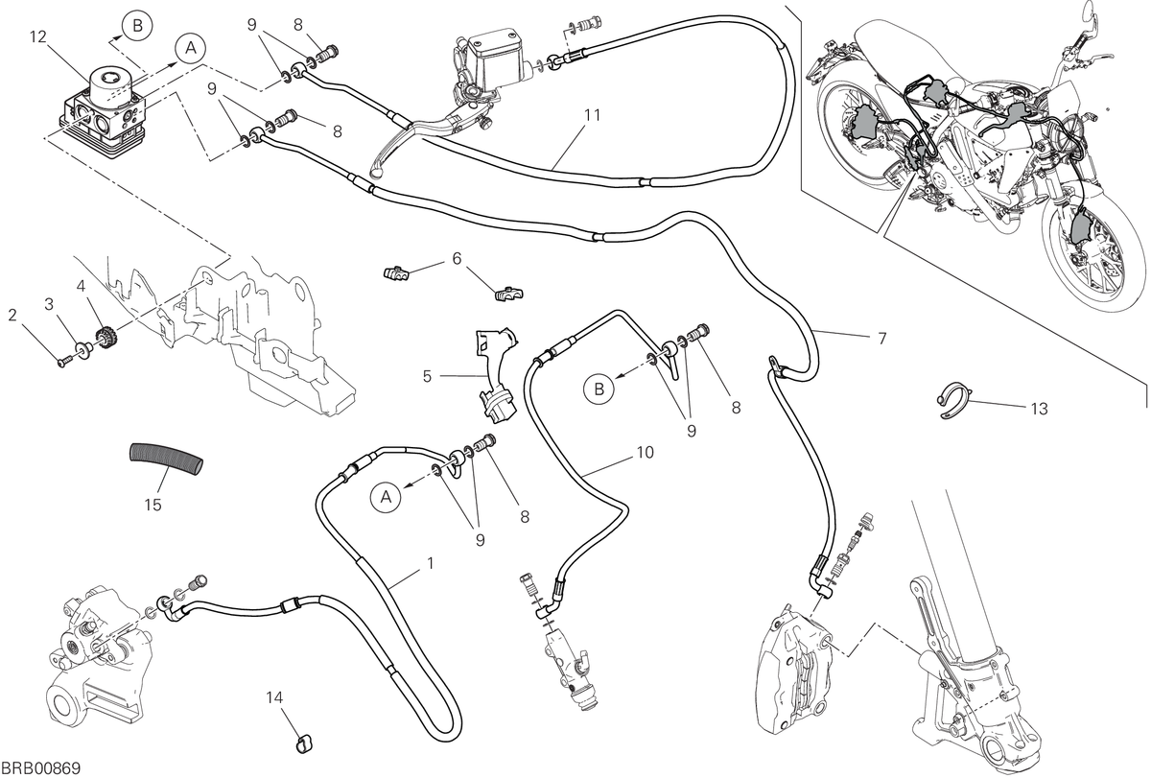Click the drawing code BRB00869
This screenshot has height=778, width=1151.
click(41, 768)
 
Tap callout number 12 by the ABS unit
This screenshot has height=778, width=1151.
click(38, 37)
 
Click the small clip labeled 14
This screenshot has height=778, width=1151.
click(304, 744)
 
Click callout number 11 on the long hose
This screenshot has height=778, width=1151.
click(593, 115)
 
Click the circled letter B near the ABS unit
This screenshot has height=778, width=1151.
click(138, 26)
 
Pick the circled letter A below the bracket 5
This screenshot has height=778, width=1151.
click(387, 497)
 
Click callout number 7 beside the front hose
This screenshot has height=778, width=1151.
click(881, 339)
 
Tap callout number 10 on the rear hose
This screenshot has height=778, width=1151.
click(645, 452)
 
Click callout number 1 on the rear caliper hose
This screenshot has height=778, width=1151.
click(431, 563)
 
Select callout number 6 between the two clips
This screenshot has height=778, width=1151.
click(457, 258)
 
